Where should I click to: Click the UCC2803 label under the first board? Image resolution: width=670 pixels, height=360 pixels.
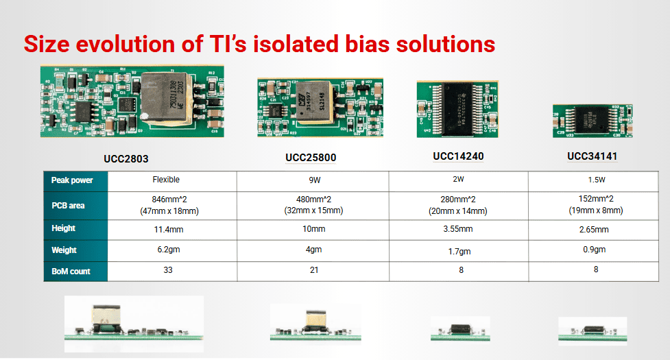[x=125, y=158]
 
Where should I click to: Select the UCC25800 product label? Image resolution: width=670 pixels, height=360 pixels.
[x=311, y=158]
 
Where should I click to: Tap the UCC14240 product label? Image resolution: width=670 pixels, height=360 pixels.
[x=458, y=156]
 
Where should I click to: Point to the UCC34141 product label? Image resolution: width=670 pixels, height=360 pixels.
[x=592, y=156]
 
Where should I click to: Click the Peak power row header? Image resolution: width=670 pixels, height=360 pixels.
[x=72, y=180]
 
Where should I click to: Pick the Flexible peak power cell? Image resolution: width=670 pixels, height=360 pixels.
[x=166, y=180]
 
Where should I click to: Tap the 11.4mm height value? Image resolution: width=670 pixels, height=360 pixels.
[x=166, y=228]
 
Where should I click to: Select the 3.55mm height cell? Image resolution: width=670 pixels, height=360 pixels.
[x=459, y=229]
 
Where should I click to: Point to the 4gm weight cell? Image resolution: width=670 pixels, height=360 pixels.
[x=313, y=250]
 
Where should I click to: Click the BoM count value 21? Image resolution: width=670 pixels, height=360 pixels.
[x=313, y=270]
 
